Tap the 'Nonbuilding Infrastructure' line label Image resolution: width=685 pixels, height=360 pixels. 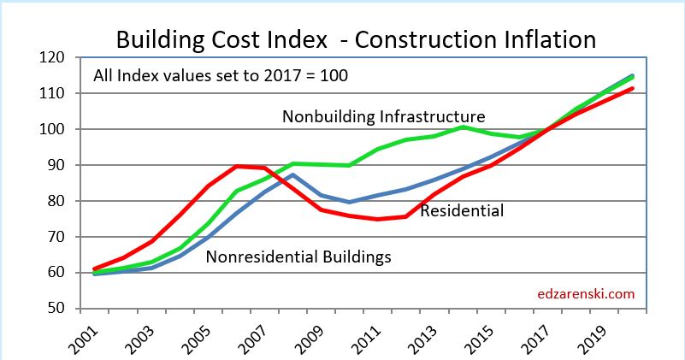coord(384,116)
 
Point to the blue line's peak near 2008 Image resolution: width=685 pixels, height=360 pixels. coord(293,175)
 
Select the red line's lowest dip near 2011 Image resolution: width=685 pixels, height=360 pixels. coord(376,219)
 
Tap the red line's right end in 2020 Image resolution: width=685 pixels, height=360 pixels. coord(632,88)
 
